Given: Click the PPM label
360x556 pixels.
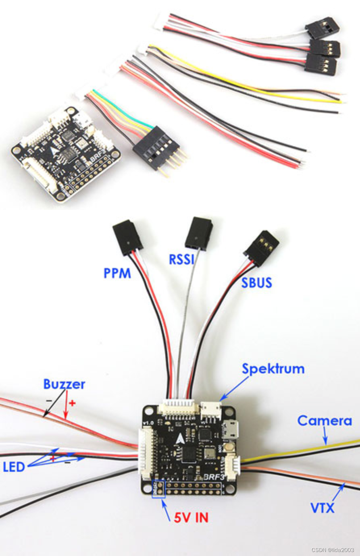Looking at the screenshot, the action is (x=117, y=273).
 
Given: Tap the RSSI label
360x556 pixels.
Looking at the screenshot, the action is (x=182, y=259).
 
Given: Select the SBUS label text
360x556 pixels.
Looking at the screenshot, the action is (x=257, y=282).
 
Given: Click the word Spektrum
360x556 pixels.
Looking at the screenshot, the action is (x=273, y=369).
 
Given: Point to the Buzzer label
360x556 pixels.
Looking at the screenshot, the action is (x=64, y=384).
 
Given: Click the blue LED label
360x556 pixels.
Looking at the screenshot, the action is (x=14, y=467).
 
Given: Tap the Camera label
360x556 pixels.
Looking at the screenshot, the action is (x=325, y=421).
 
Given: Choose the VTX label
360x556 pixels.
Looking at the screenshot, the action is (x=322, y=508).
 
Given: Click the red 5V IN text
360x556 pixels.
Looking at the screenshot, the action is (x=191, y=518).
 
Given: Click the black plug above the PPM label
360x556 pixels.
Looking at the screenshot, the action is (x=127, y=237).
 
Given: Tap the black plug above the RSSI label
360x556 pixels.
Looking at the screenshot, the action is (x=198, y=233).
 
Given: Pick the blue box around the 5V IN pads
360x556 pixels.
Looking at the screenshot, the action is (x=158, y=488).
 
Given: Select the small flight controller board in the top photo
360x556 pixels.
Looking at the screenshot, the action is (x=65, y=153).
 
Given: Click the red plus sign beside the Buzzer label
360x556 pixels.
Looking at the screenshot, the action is (x=72, y=403).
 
